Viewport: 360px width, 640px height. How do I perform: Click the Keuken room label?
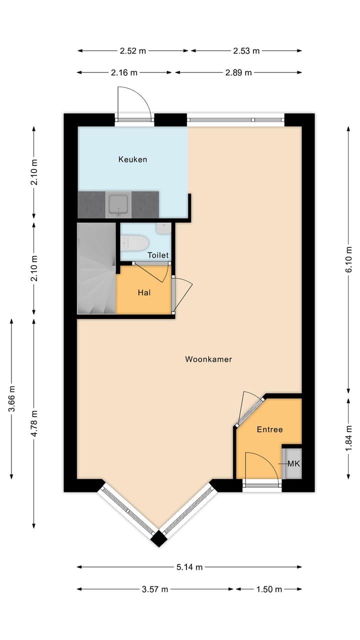(x=132, y=159)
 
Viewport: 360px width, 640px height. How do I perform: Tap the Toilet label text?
(x=158, y=255)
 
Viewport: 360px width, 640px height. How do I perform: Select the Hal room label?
(x=144, y=292)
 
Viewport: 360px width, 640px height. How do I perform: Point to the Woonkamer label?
(x=208, y=359)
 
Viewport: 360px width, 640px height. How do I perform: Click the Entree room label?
(x=269, y=429)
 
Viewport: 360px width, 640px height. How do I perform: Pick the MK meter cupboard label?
(x=293, y=463)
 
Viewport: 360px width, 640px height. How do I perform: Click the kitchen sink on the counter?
(x=119, y=204)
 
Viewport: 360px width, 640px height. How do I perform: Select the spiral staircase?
(x=96, y=268)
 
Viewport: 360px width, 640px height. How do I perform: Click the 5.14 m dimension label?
(x=190, y=566)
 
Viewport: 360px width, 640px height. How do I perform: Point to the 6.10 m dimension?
(x=349, y=259)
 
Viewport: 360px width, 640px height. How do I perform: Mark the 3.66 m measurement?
(x=11, y=398)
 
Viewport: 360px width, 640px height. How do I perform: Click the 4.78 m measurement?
(x=33, y=423)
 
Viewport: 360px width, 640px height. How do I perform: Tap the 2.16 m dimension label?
(x=124, y=72)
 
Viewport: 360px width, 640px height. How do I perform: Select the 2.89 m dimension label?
(x=238, y=72)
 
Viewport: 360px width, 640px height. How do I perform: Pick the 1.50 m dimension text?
(x=269, y=589)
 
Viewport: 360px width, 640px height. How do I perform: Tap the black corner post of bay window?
(x=159, y=538)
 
